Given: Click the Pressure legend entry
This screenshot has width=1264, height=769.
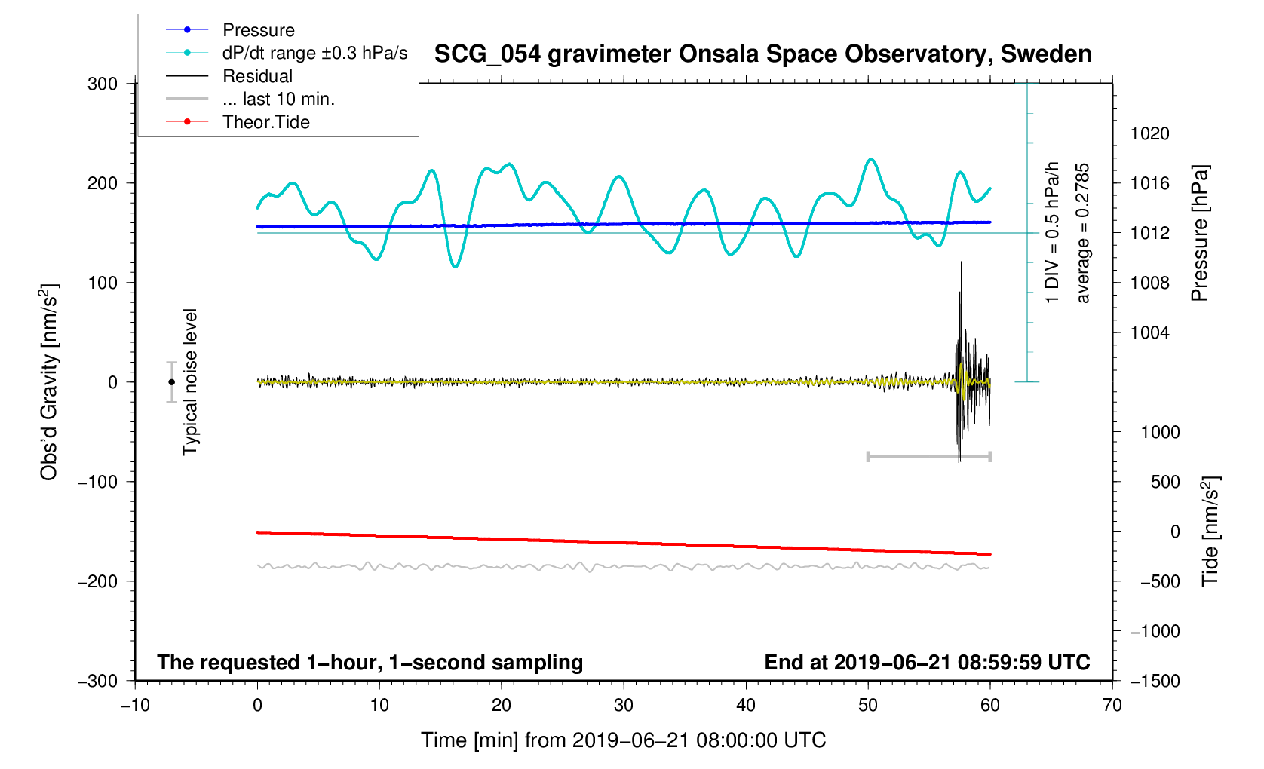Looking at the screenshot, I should click(258, 30).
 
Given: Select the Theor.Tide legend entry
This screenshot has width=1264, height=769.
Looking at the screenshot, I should click(265, 122).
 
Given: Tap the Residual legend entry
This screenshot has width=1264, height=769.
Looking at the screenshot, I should click(257, 76).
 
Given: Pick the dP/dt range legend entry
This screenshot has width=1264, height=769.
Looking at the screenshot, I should click(314, 53).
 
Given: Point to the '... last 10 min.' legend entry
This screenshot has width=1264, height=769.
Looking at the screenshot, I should click(278, 99).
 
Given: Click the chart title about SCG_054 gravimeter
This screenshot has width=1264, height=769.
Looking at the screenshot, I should click(762, 54).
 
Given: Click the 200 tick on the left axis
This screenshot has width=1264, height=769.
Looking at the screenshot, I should click(103, 183).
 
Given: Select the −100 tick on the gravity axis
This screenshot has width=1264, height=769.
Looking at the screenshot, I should click(98, 482).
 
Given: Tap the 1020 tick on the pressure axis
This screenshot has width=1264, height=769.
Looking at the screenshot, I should click(1149, 134).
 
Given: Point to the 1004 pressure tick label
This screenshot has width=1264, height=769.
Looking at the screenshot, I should click(1149, 333).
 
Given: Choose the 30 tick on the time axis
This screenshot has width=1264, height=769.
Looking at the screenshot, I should click(624, 706).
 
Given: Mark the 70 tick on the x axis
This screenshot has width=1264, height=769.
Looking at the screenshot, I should click(1112, 706).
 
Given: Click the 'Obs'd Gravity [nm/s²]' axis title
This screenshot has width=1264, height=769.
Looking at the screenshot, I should click(49, 382).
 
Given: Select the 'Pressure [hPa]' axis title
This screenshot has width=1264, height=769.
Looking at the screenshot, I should click(1199, 234).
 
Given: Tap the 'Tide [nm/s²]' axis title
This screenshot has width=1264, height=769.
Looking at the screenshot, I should click(1210, 532).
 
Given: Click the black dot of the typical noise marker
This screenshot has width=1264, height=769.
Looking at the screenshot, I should click(172, 382).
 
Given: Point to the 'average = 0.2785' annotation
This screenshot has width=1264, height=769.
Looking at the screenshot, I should click(1083, 234).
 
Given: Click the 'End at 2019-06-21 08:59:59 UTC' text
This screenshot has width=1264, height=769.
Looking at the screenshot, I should click(927, 663).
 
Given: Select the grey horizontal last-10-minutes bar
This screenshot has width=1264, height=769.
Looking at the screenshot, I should click(928, 456).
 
